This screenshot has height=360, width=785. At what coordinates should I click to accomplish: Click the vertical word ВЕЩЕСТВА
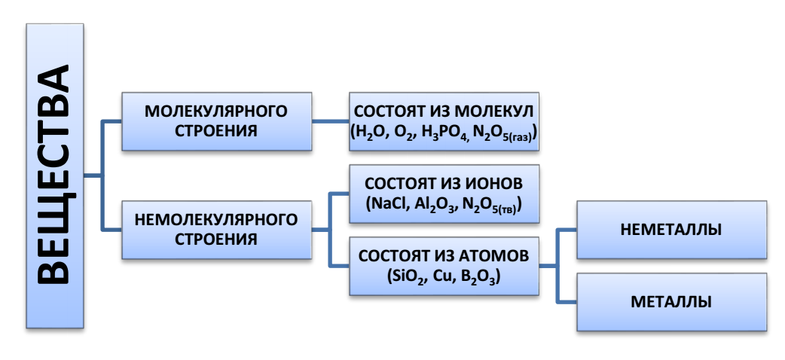53,175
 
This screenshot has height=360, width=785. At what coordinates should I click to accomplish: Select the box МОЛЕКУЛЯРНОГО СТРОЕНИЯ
216,120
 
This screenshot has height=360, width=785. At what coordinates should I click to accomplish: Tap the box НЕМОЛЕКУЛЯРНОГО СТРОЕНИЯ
216,230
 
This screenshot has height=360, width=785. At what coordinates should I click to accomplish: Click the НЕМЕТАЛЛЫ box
671,230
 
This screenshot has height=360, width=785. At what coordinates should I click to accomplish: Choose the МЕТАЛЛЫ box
671,302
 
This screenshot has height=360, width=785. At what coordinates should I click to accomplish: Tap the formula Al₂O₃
433,204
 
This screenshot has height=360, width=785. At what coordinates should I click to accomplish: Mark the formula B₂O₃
475,276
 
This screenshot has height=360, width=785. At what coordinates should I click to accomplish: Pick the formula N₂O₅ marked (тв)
490,205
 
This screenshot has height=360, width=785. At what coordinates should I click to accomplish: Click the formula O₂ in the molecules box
406,131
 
